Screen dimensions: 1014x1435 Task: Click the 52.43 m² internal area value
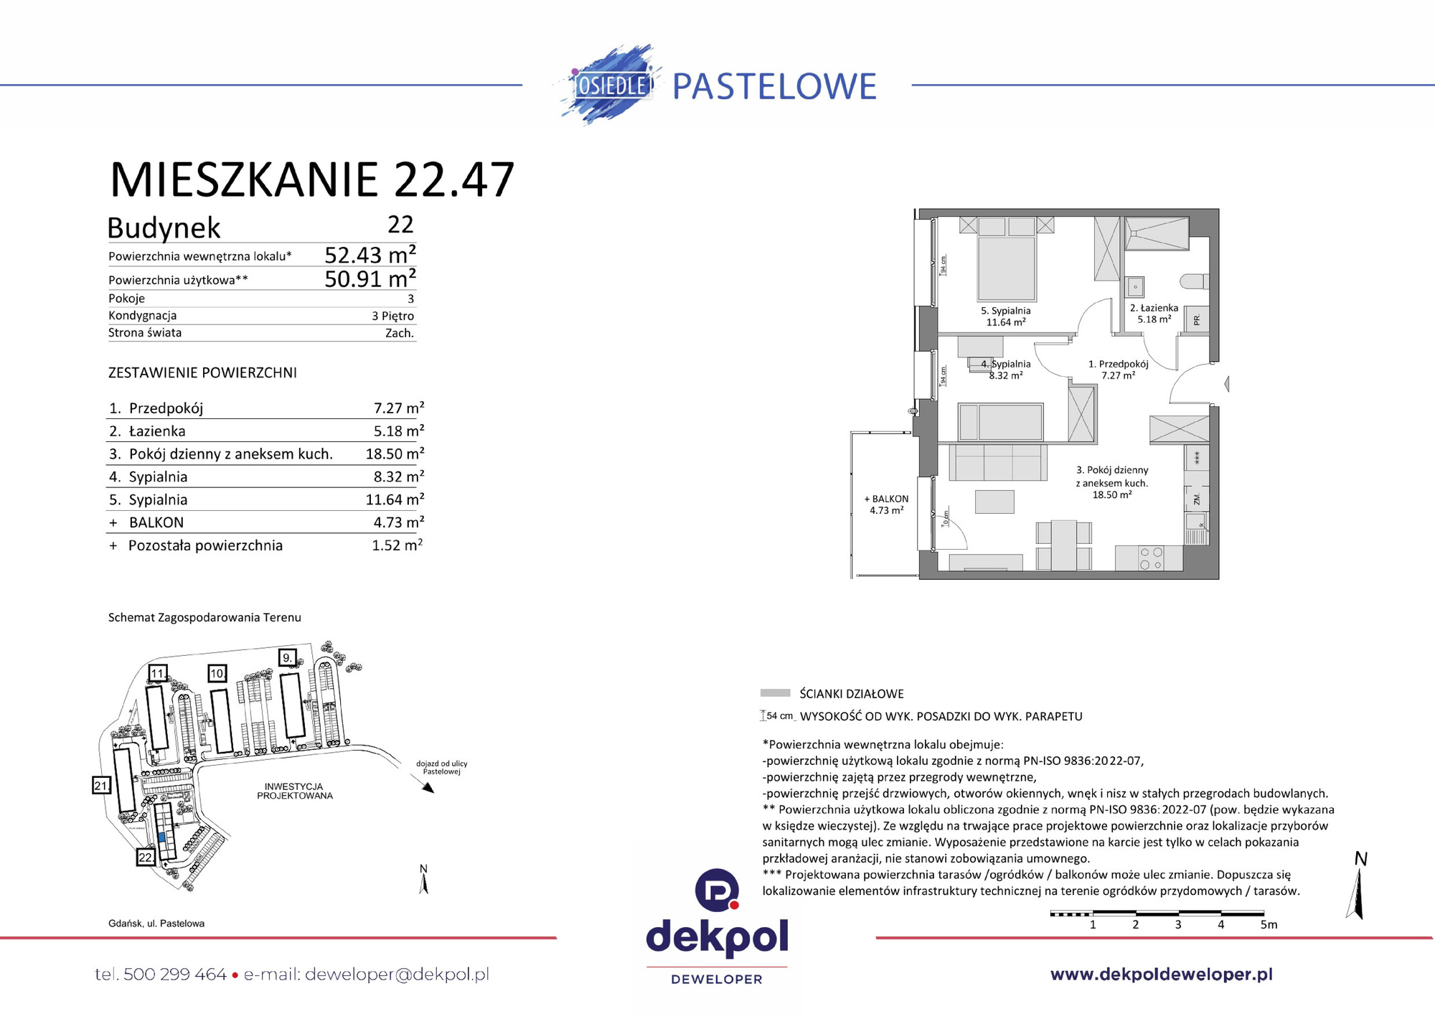tap(370, 255)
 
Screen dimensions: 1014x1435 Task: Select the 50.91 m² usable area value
tap(370, 278)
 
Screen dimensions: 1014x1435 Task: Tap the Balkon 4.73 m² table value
tap(398, 522)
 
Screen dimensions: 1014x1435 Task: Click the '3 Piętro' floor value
tap(392, 316)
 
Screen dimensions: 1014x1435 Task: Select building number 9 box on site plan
tap(287, 657)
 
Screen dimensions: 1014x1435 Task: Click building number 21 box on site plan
tap(101, 785)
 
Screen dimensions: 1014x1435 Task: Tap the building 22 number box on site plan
tap(146, 857)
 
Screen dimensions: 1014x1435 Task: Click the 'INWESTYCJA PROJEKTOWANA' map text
tap(295, 791)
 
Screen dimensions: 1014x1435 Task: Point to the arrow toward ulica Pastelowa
tap(427, 787)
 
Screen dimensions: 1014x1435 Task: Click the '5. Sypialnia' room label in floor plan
tap(1005, 311)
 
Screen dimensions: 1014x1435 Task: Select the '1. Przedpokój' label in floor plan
tap(1118, 365)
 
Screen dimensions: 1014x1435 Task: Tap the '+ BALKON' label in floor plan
tap(886, 499)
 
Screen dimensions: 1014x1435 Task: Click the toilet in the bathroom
tap(1194, 281)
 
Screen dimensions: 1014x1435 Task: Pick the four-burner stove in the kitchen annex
tap(1151, 558)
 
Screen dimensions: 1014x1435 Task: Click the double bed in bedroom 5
tap(1006, 268)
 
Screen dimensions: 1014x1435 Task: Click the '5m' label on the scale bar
tap(1269, 924)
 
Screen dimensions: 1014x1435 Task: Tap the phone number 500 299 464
tap(174, 975)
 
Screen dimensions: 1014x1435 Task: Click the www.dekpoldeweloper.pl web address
tap(1161, 975)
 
